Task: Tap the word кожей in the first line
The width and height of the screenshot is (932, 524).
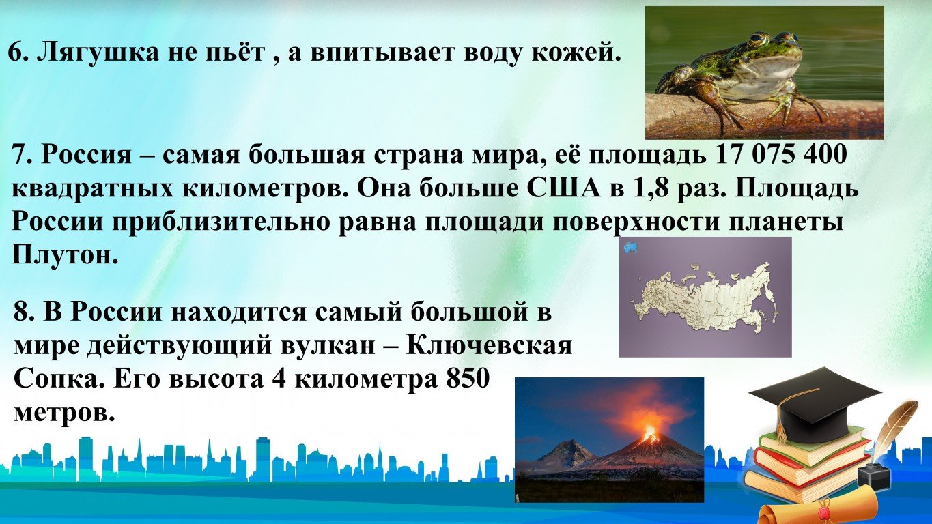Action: (x=574, y=54)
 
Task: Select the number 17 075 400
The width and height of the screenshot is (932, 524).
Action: (x=780, y=155)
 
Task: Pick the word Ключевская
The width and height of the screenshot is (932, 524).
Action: (x=490, y=346)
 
